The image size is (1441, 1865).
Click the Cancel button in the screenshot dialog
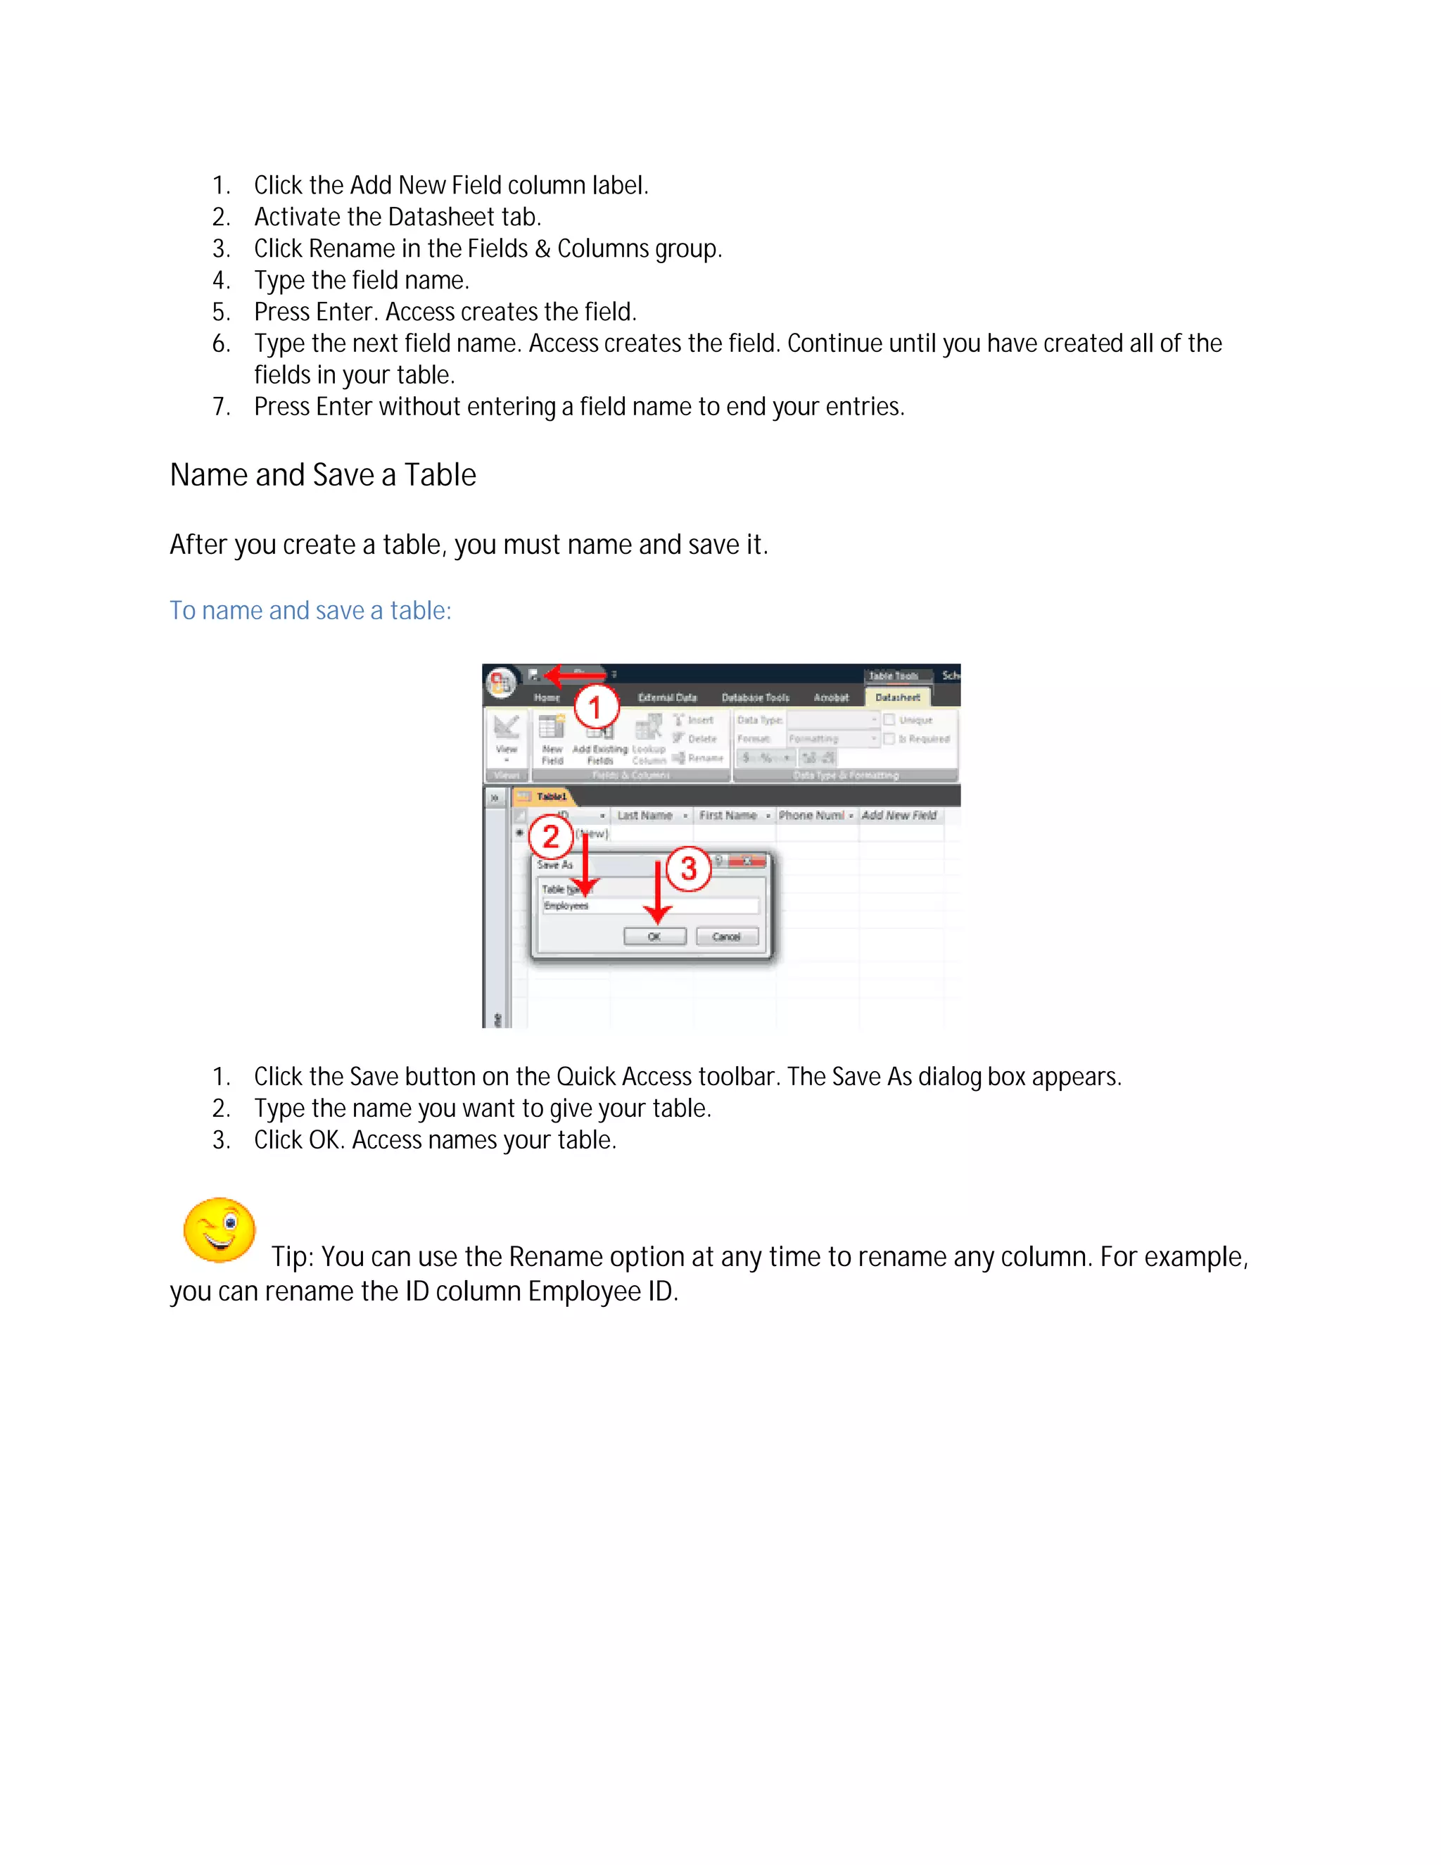726,937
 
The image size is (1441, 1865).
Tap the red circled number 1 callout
596,708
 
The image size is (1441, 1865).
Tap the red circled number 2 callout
552,837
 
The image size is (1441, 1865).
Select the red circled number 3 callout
688,869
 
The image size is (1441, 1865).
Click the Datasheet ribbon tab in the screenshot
897,697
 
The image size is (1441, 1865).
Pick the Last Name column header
645,816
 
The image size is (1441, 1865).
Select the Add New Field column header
899,816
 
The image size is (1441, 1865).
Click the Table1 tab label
552,797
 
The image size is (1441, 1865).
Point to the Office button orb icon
501,682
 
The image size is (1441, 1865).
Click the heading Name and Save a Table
323,475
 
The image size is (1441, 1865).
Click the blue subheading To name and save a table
310,611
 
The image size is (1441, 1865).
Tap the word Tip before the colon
291,1257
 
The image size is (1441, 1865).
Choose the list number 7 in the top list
220,407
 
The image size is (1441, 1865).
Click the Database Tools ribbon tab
755,697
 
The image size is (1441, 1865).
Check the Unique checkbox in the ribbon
889,720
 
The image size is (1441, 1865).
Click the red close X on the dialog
748,861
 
